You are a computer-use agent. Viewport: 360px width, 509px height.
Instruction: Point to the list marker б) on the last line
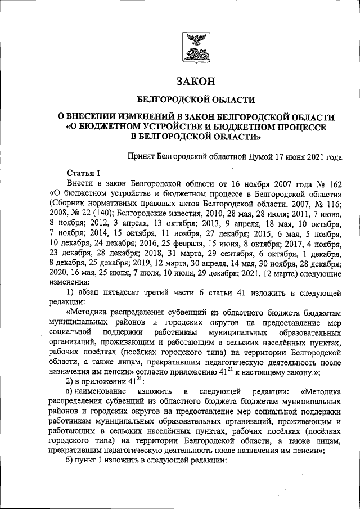point(70,460)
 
